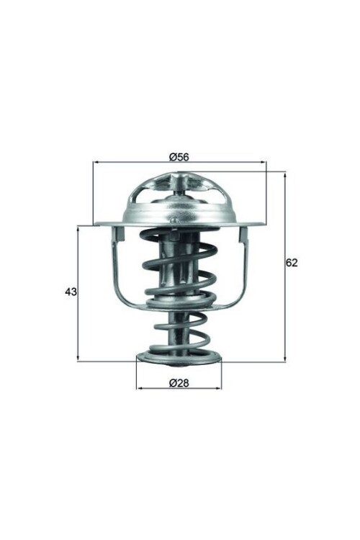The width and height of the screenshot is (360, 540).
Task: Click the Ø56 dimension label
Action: (179, 157)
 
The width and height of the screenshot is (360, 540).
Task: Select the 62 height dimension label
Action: (292, 263)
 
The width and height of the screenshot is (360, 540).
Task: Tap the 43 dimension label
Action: (71, 292)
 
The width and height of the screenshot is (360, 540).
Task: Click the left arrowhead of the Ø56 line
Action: (96, 163)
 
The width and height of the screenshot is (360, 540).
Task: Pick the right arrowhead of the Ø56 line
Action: (263, 163)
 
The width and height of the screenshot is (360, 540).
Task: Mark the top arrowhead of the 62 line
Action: (284, 174)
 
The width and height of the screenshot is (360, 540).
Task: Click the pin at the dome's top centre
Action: (179, 186)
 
